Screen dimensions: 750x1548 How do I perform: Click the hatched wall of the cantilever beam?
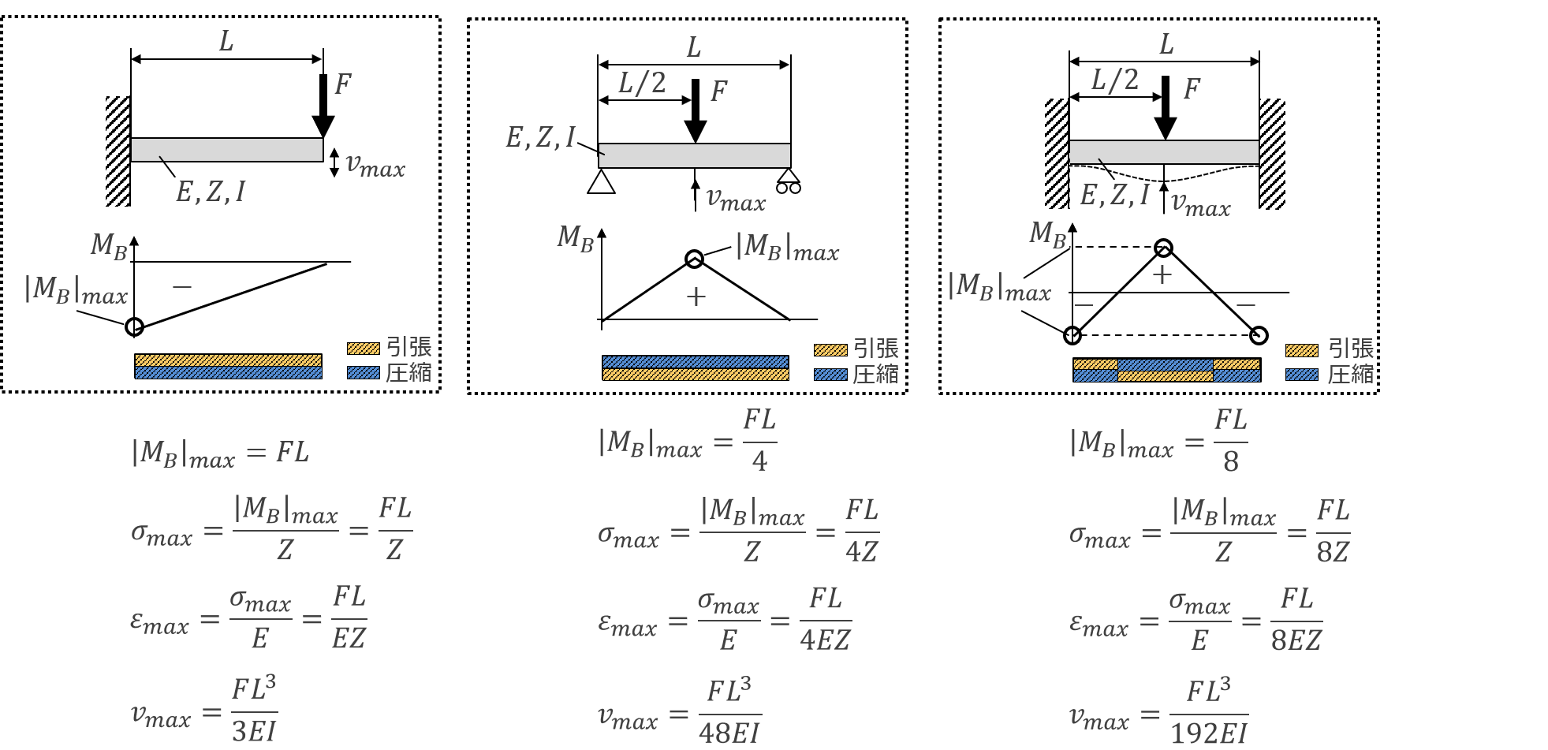[x=117, y=151]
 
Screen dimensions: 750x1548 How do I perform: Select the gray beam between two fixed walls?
[x=1164, y=152]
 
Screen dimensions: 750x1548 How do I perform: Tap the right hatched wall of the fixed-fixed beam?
[x=1272, y=154]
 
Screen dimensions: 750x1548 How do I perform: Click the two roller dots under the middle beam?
[x=789, y=188]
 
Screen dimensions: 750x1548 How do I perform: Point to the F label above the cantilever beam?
[x=342, y=84]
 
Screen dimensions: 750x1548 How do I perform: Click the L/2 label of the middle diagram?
[x=642, y=83]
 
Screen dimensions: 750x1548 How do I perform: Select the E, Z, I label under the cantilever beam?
[x=211, y=192]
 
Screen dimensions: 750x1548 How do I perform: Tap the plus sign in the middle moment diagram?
[x=696, y=297]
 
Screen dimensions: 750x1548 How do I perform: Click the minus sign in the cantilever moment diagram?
[x=182, y=287]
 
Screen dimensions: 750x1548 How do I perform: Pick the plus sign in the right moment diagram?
[x=1162, y=274]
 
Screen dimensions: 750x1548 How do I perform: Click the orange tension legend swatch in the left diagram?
[x=364, y=349]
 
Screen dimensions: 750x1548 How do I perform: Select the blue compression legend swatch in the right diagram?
[x=1301, y=375]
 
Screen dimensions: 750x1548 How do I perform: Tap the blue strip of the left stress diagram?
[x=229, y=373]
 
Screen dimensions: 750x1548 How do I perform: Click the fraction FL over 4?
[x=759, y=440]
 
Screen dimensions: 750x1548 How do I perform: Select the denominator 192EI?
[x=1208, y=734]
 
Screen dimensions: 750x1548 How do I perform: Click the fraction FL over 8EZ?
[x=1296, y=619]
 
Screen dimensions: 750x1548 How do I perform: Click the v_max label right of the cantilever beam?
[x=375, y=166]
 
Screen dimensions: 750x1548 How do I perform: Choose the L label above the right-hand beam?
[x=1166, y=45]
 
